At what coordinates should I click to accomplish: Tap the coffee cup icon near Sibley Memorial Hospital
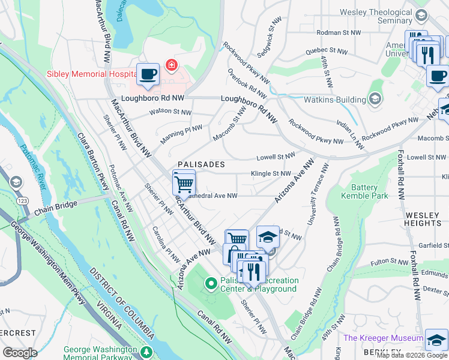point(148,75)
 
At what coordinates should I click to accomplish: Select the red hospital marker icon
point(172,64)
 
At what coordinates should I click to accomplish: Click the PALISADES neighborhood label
point(201,164)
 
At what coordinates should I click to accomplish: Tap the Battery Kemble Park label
point(364,191)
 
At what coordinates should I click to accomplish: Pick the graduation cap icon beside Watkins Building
point(375,98)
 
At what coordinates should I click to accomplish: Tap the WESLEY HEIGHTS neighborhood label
point(423,218)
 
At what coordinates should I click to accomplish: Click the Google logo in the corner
point(20,352)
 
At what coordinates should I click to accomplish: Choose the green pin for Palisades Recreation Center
point(211,283)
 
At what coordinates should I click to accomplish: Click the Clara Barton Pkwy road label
point(92,162)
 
